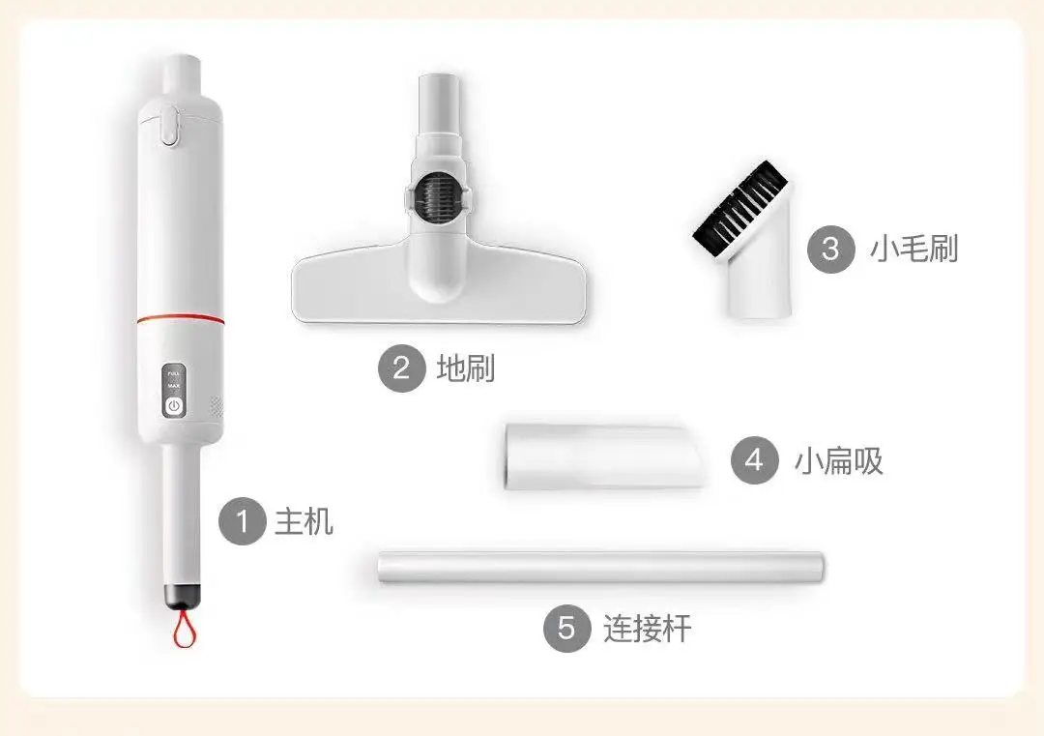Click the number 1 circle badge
242,522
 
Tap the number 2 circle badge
401,368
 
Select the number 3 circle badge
830,249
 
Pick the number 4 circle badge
754,460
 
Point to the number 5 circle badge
566,630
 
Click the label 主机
304,522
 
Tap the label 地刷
466,368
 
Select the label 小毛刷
913,249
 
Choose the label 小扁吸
839,460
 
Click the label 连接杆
648,630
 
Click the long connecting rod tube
599,567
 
